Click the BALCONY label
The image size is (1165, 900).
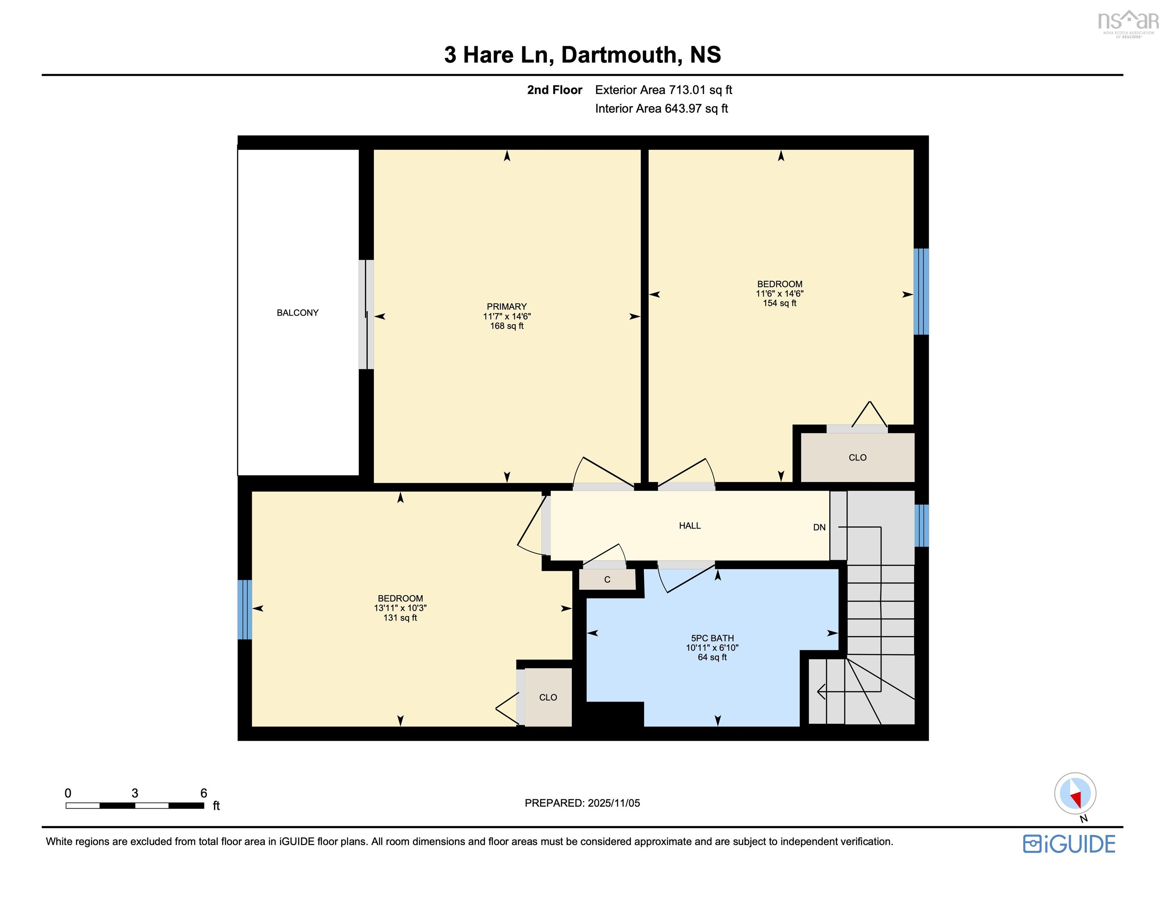[297, 312]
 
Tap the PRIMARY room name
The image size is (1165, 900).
[506, 306]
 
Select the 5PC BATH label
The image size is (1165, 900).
[712, 638]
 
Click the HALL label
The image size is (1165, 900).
[689, 525]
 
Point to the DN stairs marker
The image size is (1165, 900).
[819, 527]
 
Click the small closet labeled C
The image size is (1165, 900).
[607, 579]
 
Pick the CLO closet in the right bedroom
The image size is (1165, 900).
[857, 457]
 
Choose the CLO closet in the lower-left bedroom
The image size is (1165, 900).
[548, 697]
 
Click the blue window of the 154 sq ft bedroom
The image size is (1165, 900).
[921, 291]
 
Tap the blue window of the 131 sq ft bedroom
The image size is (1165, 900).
[244, 609]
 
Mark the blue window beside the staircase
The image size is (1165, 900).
[921, 525]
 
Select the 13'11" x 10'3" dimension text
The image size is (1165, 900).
[400, 608]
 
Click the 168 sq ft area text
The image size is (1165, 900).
[506, 326]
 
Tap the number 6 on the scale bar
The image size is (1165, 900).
[203, 793]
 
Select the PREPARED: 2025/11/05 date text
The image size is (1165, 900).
[582, 803]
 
